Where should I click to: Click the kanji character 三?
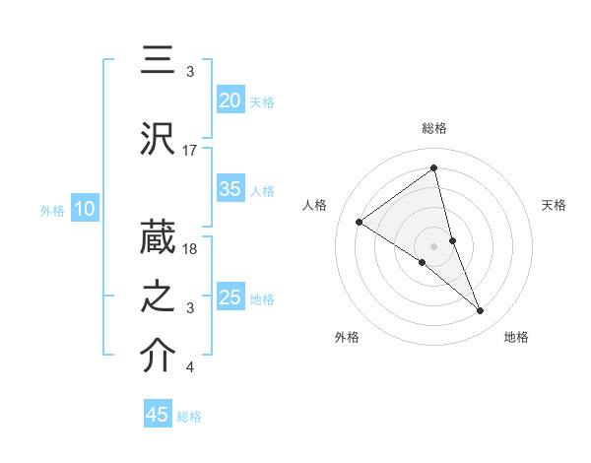click(x=159, y=61)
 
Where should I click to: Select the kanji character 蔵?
click(x=159, y=239)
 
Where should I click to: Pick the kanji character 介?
click(x=159, y=357)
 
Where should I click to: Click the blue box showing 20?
click(x=230, y=100)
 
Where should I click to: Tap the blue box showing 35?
click(x=230, y=190)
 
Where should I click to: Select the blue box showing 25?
click(x=230, y=298)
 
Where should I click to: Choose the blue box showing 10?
click(x=84, y=209)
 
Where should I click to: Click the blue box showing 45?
click(x=158, y=415)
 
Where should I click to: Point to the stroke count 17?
click(x=190, y=151)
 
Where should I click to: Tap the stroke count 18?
click(x=190, y=249)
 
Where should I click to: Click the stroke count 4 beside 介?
click(x=190, y=367)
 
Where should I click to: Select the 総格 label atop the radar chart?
click(x=434, y=128)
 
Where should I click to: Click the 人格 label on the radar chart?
click(x=315, y=205)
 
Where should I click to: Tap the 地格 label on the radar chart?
click(x=516, y=337)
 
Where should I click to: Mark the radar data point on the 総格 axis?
click(x=434, y=167)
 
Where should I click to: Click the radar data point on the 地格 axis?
click(x=481, y=311)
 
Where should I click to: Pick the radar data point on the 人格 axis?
click(x=360, y=222)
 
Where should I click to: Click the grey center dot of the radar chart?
click(x=434, y=245)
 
